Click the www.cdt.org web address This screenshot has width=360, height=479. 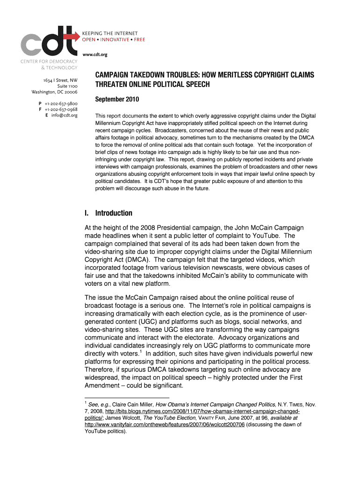point(95,54)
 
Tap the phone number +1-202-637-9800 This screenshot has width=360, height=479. point(61,103)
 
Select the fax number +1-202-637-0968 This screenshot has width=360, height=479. point(61,109)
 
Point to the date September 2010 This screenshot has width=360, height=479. point(117,100)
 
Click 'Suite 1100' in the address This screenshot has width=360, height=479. point(67,86)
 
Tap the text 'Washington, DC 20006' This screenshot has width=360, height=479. point(54,92)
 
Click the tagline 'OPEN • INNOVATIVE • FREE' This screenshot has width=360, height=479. point(114,40)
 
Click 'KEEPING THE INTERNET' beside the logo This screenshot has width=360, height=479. point(110,33)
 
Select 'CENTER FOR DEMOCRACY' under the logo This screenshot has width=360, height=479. point(49,62)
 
